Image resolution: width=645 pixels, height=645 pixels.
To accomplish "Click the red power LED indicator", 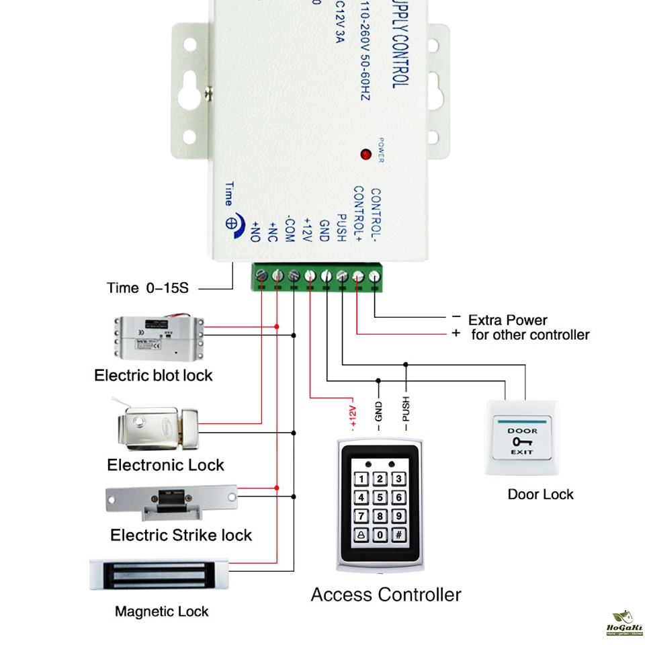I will (365, 155).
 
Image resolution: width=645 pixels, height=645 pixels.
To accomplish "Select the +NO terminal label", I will (256, 231).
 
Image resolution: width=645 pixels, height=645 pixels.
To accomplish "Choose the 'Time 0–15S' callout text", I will (148, 288).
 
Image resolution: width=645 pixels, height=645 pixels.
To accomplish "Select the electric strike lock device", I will (172, 501).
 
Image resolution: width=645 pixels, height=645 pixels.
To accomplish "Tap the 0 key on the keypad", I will (380, 535).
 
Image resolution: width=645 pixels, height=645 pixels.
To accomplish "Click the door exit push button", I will (522, 437).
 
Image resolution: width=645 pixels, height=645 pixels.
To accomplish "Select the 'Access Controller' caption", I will (386, 595).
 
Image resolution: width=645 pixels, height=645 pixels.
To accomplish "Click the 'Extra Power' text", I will (507, 320).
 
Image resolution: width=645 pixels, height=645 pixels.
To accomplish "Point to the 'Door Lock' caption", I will (540, 494).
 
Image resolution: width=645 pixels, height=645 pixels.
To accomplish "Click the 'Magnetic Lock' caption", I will (161, 611).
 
